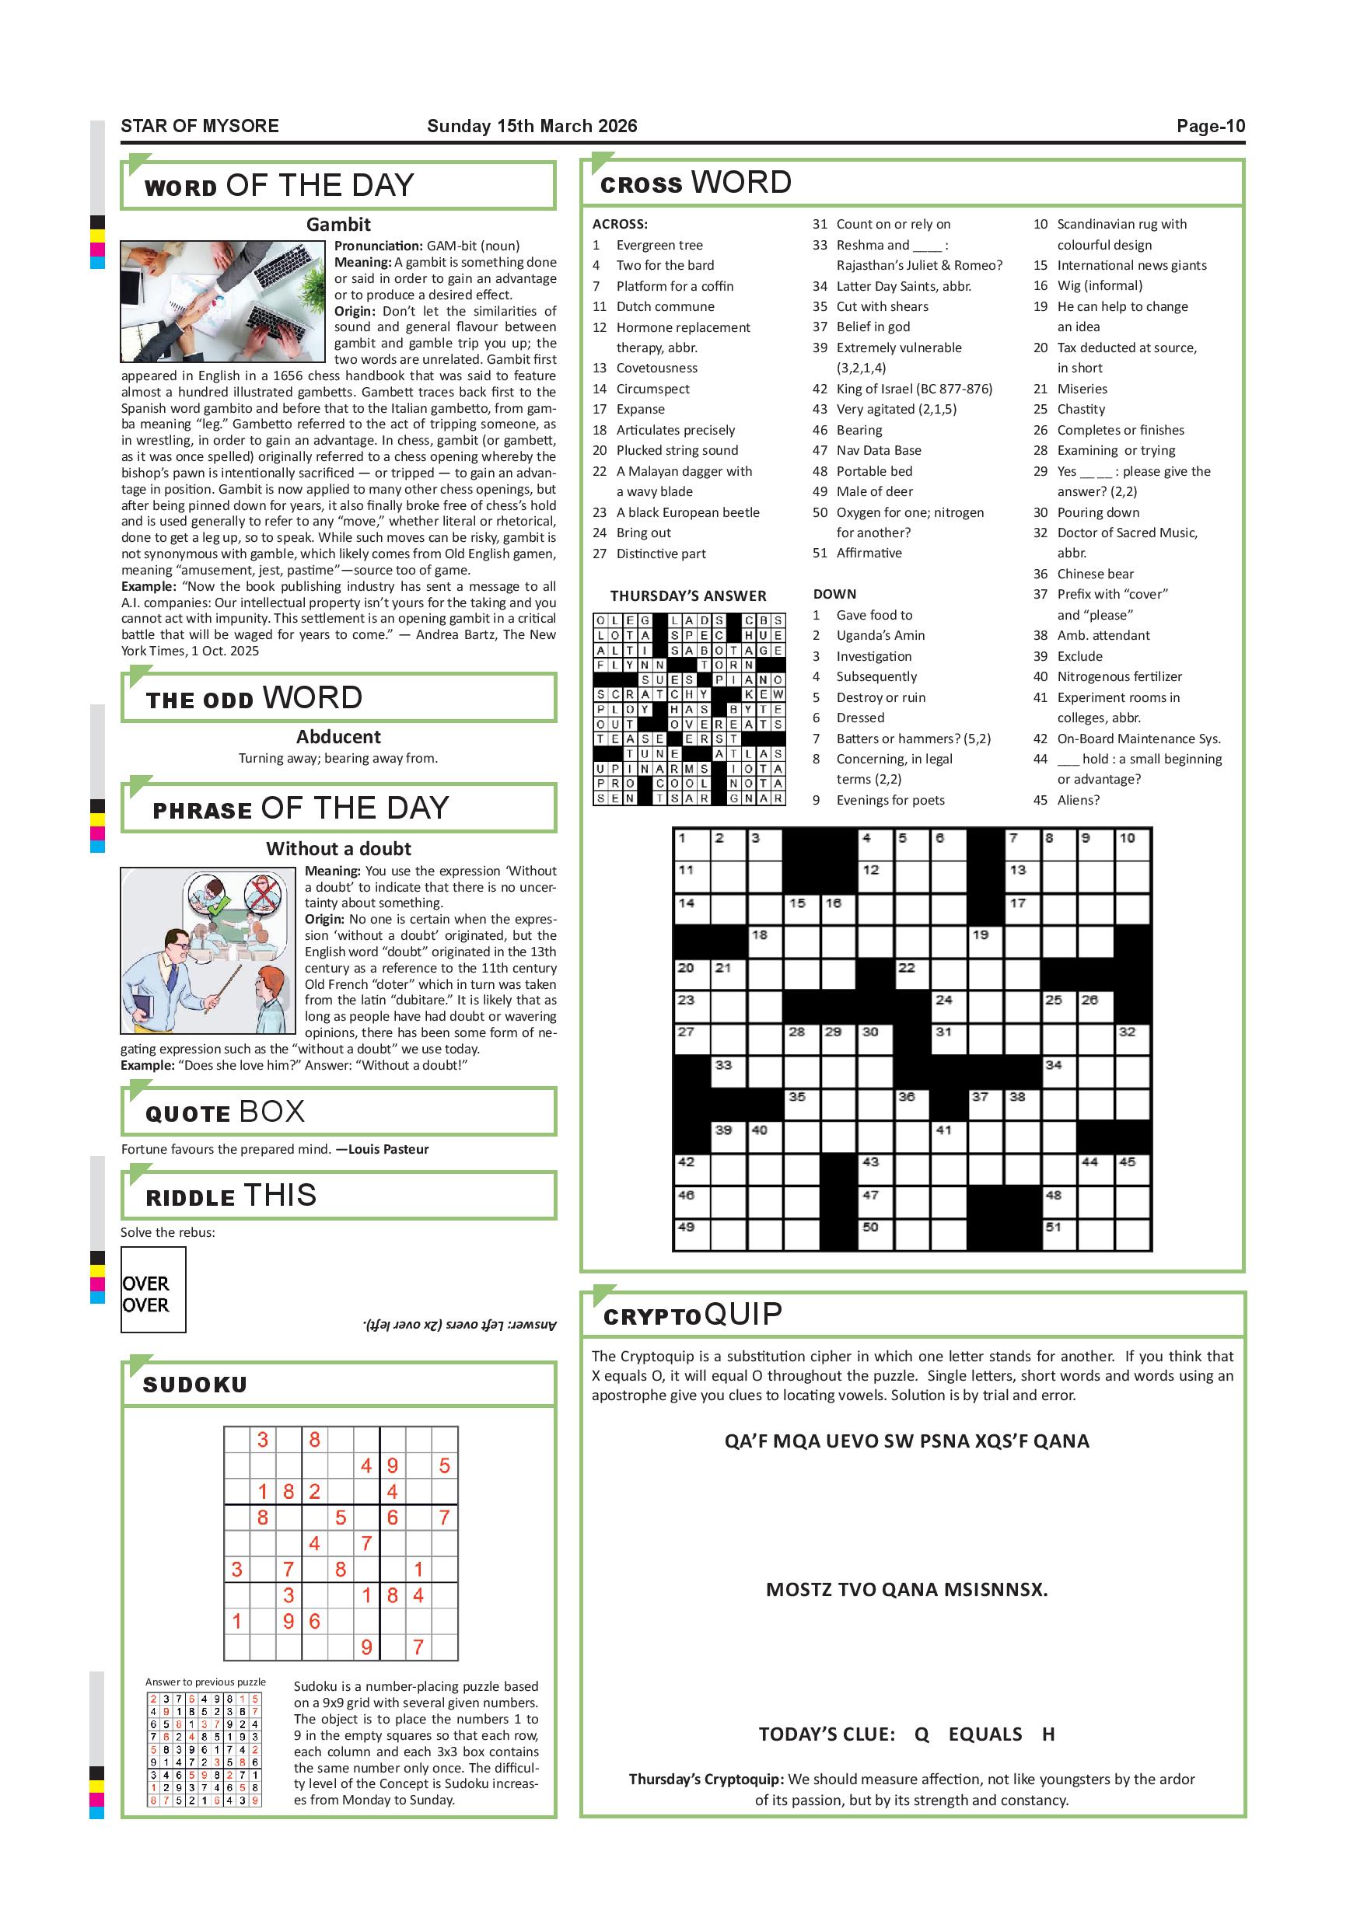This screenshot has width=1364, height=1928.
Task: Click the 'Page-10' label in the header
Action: (x=1209, y=126)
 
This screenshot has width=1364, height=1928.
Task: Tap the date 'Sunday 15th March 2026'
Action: (x=532, y=126)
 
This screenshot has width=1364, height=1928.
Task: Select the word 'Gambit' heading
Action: (x=338, y=224)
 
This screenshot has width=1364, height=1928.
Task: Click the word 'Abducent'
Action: (x=338, y=736)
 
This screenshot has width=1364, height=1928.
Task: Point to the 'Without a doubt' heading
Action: (x=338, y=848)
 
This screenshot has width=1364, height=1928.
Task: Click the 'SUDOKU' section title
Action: (x=195, y=1385)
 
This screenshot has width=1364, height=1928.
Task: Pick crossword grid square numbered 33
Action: (x=728, y=1072)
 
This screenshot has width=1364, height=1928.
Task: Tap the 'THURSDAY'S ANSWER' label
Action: (x=688, y=596)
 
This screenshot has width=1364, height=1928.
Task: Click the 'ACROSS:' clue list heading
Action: (x=619, y=224)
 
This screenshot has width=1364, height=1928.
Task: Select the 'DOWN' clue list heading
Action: (x=834, y=594)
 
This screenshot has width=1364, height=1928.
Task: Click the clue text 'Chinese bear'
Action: (x=1094, y=574)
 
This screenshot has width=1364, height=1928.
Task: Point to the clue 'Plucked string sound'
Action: (x=677, y=450)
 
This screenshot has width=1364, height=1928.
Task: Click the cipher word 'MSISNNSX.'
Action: (x=995, y=1590)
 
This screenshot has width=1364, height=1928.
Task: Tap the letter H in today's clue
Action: (x=1047, y=1734)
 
